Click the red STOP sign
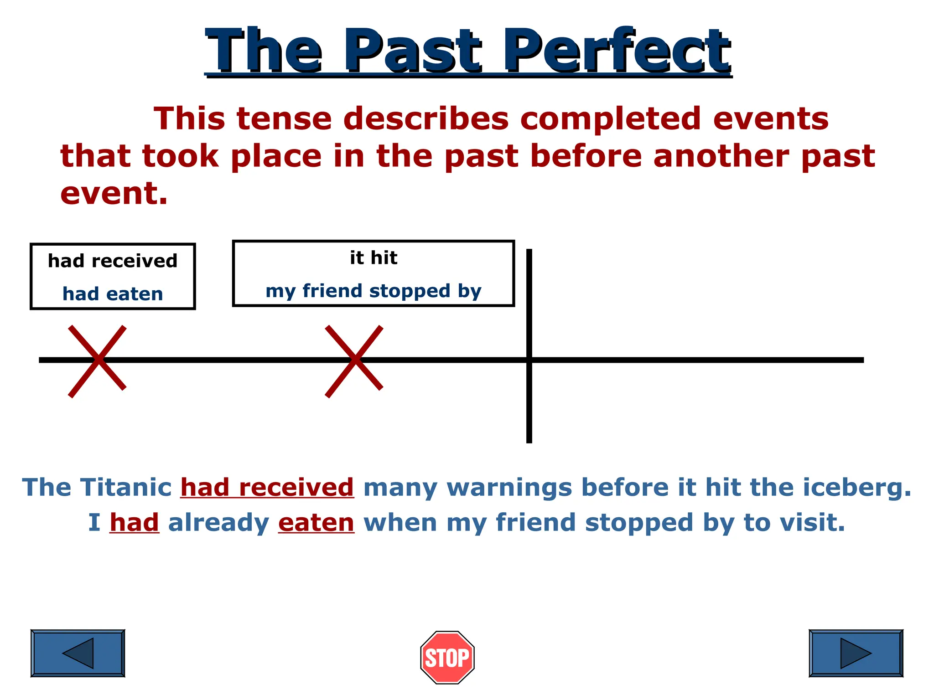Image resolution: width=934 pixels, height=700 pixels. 447,657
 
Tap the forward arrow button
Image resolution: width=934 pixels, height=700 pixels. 856,653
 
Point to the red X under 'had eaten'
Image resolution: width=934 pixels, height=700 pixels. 97,360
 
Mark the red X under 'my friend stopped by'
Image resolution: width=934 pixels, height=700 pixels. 354,360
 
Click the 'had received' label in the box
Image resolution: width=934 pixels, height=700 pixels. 113,261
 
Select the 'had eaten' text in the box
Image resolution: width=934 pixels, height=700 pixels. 113,294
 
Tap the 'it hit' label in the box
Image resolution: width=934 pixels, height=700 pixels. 374,258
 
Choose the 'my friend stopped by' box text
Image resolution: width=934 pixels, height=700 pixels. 374,291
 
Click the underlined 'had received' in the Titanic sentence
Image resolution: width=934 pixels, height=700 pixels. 267,487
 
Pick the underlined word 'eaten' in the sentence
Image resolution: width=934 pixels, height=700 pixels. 316,522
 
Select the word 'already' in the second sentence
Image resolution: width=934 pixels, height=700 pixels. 219,522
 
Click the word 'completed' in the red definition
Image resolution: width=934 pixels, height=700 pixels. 610,118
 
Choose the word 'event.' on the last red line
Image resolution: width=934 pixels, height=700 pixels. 114,193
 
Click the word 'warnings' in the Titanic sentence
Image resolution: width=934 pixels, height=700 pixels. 509,487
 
